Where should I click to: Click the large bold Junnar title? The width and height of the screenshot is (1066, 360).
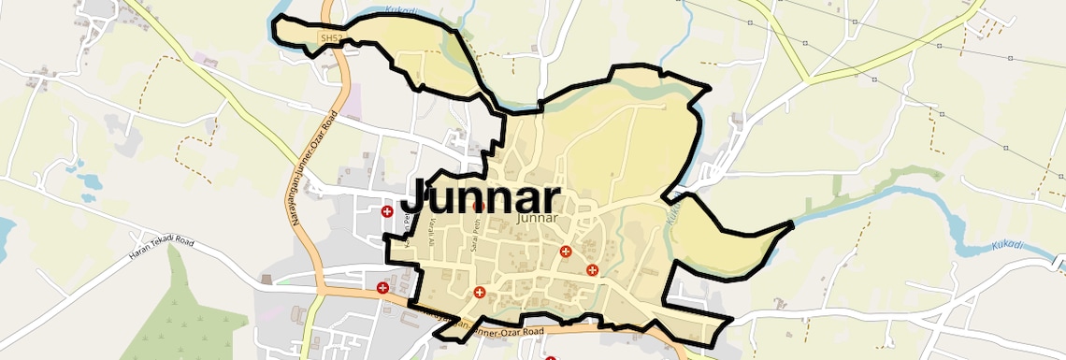tap(481, 197)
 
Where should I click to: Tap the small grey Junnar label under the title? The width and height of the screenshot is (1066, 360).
tap(537, 218)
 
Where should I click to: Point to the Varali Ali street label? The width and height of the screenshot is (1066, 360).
tap(432, 229)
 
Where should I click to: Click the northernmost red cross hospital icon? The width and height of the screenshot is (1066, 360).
tap(386, 212)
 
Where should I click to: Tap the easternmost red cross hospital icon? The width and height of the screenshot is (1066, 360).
tap(592, 270)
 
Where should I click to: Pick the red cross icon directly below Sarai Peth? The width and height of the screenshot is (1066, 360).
tap(481, 293)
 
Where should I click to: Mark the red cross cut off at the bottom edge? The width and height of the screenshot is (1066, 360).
tap(550, 357)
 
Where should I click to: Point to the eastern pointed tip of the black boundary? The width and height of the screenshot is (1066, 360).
tap(793, 224)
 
